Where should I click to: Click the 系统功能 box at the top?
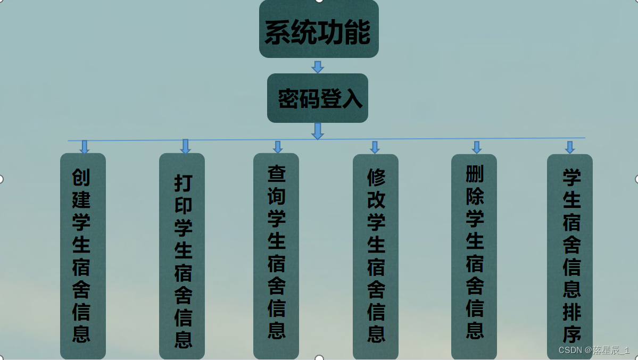coord(319,29)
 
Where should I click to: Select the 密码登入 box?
coord(318,98)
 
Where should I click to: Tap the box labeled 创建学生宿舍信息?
coord(82,255)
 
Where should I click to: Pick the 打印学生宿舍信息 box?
coord(182,255)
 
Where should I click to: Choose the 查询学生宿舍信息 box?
coord(276,255)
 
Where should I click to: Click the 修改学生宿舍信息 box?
coord(376,255)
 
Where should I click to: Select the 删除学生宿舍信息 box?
coord(474,255)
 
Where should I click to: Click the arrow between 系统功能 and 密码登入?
coord(318,66)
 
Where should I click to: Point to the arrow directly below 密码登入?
coord(318,131)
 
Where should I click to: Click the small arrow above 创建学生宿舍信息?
coord(84,147)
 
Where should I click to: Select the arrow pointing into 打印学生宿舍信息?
coord(185,146)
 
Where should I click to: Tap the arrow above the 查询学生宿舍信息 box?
coord(277,147)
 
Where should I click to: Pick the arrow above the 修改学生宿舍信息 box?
coord(375,147)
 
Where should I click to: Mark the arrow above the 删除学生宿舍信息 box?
coord(476,147)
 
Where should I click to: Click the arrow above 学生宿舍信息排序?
coord(570,147)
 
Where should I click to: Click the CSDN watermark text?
coord(594,350)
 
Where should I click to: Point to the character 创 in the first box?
coord(81,178)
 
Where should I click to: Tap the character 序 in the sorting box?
coord(571,334)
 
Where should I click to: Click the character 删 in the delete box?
coord(475,173)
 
